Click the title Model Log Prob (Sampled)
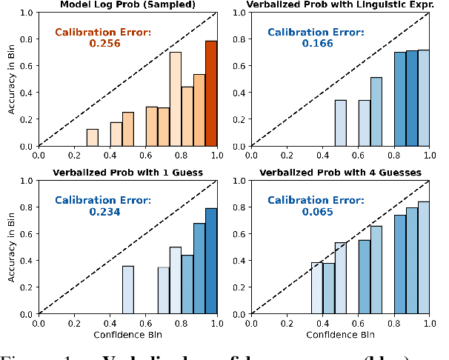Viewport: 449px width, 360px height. pyautogui.click(x=127, y=6)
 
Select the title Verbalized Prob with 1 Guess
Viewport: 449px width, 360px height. pyautogui.click(x=127, y=173)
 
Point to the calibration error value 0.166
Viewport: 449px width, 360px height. pyautogui.click(x=317, y=44)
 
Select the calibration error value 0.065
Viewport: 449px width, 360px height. pyautogui.click(x=317, y=212)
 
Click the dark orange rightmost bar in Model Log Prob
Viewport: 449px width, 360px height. pyautogui.click(x=211, y=93)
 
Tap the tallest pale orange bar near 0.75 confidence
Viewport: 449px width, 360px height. pyautogui.click(x=176, y=99)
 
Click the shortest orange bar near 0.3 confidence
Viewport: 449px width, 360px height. pyautogui.click(x=92, y=138)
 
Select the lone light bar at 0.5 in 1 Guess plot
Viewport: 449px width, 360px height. pyautogui.click(x=128, y=290)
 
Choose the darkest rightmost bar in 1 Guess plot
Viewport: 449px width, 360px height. pyautogui.click(x=211, y=261)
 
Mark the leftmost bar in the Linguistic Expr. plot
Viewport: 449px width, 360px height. pyautogui.click(x=341, y=123)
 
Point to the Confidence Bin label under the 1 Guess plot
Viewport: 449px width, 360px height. pyautogui.click(x=127, y=334)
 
